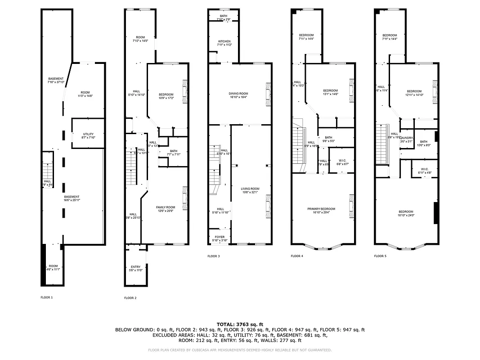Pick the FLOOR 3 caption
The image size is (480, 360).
tap(214, 256)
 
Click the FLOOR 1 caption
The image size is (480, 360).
tap(47, 297)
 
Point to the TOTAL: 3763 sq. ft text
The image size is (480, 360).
tap(240, 324)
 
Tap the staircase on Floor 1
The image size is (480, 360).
tap(48, 171)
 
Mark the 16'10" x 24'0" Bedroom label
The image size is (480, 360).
tap(405, 213)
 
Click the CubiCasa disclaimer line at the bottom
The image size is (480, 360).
tap(240, 350)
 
